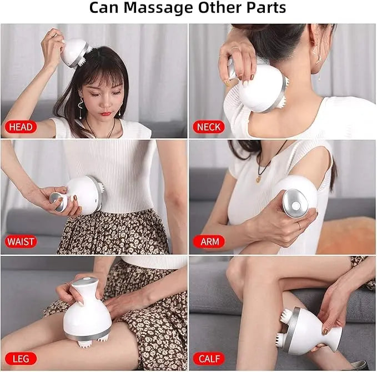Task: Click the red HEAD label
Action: point(21,127)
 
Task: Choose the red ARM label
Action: point(209,242)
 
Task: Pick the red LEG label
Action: point(18,358)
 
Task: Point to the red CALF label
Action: point(209,358)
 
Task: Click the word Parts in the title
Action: point(266,8)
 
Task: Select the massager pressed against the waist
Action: point(83,194)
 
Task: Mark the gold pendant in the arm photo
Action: point(258,179)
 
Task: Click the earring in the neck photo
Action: point(319,58)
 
